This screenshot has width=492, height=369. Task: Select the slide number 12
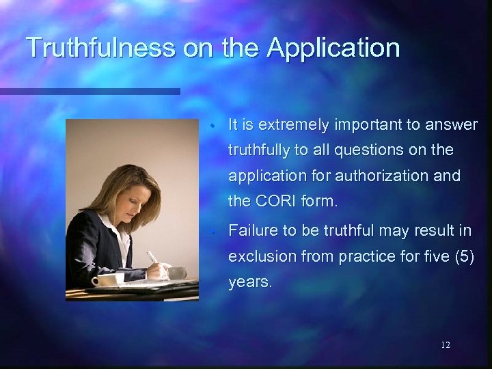tap(446, 345)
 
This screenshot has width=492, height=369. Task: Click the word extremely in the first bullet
tap(290, 124)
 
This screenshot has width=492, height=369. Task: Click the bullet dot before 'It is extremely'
tap(214, 126)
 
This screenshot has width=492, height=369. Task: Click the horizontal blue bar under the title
tap(89, 92)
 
